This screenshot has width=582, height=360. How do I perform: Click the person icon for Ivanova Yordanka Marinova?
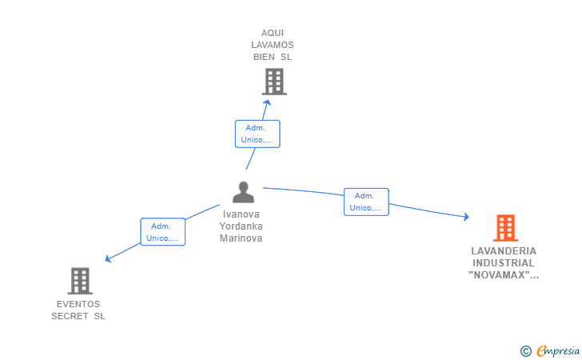[x=243, y=193]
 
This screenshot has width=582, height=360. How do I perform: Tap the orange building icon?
[x=505, y=228]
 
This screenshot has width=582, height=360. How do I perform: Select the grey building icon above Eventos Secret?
[x=80, y=281]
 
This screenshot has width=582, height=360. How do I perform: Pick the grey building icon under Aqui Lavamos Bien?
[x=274, y=81]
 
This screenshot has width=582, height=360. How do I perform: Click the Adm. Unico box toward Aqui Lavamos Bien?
[x=257, y=134]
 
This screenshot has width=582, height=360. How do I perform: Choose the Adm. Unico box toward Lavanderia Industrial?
[x=366, y=202]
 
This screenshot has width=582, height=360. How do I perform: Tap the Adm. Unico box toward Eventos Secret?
[x=163, y=232]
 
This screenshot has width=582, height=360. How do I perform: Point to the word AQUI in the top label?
[x=273, y=33]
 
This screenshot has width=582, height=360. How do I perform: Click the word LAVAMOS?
[x=273, y=45]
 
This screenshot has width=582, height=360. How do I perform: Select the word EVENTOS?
[x=78, y=304]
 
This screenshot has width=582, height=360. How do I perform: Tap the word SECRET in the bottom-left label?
[x=68, y=316]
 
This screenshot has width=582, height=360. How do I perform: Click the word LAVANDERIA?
[x=504, y=250]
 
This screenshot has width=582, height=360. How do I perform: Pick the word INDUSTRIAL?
[x=504, y=262]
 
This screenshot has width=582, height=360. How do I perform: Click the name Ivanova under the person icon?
[x=241, y=214]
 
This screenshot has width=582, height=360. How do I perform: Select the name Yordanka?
[x=241, y=226]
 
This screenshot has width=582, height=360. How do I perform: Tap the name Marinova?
[x=241, y=238]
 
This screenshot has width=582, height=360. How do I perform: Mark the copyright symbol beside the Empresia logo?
[x=525, y=350]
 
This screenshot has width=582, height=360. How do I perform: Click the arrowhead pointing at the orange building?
[x=466, y=217]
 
